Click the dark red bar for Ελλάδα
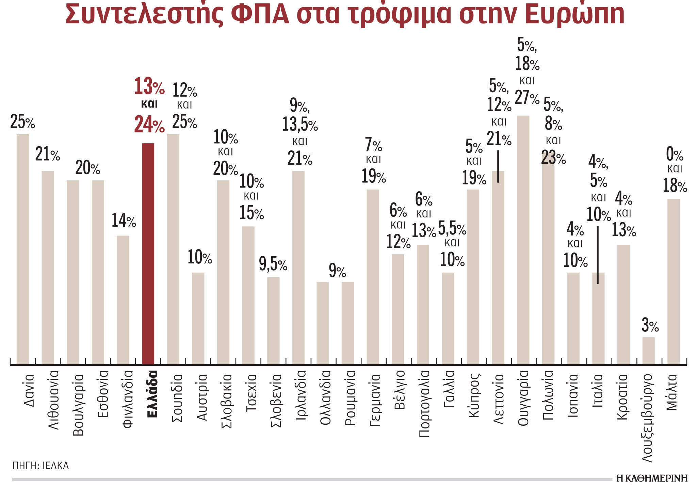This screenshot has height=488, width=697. tap(148, 254)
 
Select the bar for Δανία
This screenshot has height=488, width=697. tap(23, 248)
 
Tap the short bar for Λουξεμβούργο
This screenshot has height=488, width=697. tap(648, 351)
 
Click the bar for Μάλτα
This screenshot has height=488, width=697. tap(674, 281)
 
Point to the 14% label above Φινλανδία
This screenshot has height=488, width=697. tap(124, 221)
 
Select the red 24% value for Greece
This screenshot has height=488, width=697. tap(149, 125)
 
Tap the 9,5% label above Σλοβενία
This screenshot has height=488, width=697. tap(273, 264)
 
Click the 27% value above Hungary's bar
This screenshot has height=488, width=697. tap(527, 98)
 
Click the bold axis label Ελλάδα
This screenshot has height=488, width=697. tap(152, 394)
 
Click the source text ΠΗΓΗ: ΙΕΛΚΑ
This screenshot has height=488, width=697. tap(40, 466)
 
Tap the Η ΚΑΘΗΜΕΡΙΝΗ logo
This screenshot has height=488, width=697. tap(652, 478)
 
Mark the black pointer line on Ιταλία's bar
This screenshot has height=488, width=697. tap(598, 255)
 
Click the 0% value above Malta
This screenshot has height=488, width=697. tap(675, 155)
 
